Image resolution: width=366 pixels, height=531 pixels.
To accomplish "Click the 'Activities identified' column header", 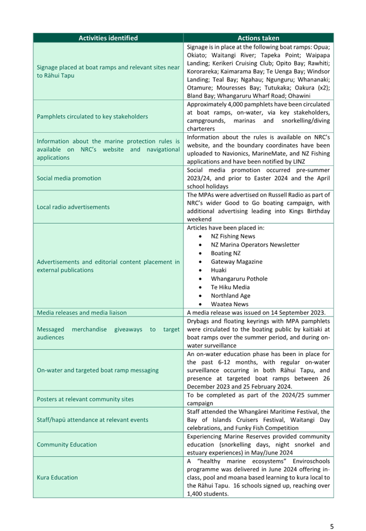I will coord(108,38).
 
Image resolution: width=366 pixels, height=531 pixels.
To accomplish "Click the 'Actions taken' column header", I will coord(258,38).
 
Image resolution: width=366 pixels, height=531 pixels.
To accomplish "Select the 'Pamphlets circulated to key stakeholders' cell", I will coord(92,117).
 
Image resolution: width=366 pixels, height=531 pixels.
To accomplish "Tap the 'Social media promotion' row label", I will coord(69,179).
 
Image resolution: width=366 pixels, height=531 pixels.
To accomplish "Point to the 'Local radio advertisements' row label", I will coord(73,207).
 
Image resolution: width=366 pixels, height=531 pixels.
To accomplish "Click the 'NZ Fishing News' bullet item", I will coord(233,236).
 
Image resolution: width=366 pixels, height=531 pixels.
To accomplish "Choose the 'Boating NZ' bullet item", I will coord(226,253).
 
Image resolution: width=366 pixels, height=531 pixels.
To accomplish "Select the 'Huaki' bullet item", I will coord(218,270).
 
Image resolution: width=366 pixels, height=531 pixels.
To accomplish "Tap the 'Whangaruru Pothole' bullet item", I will coord(239,279).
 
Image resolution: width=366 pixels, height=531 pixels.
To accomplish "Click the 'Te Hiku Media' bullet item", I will coord(230,287).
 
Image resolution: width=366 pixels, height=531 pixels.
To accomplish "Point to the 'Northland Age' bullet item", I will coord(230,296).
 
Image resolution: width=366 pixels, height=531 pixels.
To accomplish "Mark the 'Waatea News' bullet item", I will coord(229,304).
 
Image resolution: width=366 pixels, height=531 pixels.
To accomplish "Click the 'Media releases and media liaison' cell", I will coord(82,313).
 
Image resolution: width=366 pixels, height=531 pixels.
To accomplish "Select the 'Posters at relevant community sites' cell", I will coord(85,399).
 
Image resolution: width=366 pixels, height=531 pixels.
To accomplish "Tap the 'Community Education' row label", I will coord(67,445).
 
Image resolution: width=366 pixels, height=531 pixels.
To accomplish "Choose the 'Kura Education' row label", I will coord(57,477).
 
